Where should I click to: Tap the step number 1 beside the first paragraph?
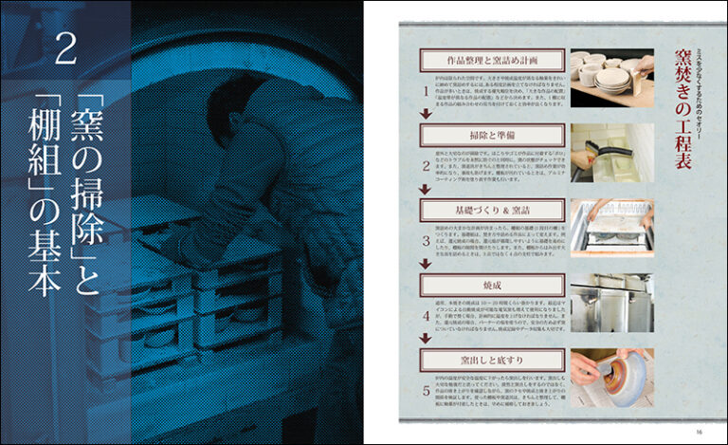click(427, 91)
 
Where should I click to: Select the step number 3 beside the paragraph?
click(427, 242)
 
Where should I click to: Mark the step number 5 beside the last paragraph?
click(427, 391)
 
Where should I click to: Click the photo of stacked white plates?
click(611, 76)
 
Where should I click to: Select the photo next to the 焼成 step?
click(611, 302)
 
